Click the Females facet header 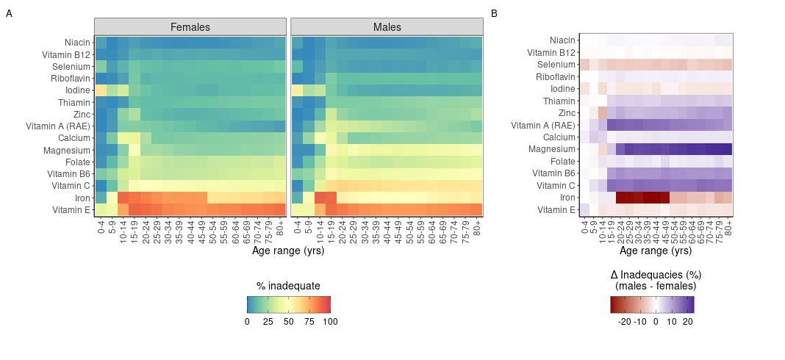pos(190,27)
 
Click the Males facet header pos(387,27)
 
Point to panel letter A pos(9,13)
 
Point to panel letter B pos(494,13)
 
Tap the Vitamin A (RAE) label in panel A pos(58,126)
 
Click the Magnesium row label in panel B pos(551,150)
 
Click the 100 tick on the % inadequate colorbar pos(331,321)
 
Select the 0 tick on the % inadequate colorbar pos(247,321)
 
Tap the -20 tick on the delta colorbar pos(624,321)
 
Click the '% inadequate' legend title pos(288,286)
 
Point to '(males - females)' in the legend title pos(652,286)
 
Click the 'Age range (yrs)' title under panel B pos(656,251)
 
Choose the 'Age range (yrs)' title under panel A pos(288,251)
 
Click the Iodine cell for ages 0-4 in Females pos(101,90)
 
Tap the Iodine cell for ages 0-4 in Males pos(298,90)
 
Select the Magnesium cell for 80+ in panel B pos(728,150)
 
